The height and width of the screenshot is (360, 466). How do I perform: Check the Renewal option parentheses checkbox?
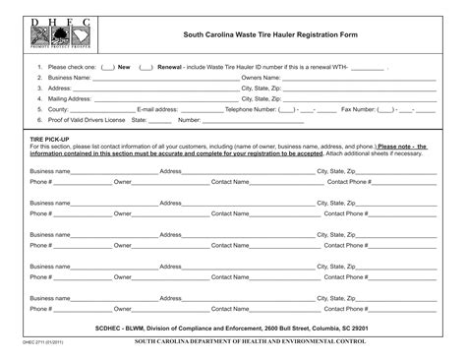[x=146, y=67]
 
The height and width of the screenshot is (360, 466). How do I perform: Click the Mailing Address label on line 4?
[x=69, y=99]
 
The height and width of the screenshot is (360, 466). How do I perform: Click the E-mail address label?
[x=157, y=110]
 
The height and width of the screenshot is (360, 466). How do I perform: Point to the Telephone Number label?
[x=251, y=110]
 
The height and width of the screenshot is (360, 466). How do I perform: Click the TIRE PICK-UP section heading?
[x=49, y=141]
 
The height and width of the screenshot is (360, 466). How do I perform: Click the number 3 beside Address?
[x=39, y=89]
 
